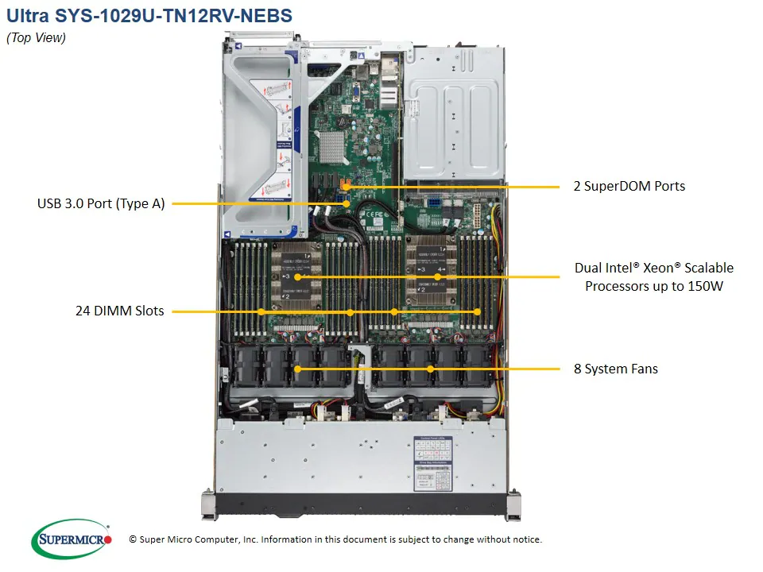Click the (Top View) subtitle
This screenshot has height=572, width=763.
(x=37, y=37)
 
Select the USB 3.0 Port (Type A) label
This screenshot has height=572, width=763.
(x=101, y=203)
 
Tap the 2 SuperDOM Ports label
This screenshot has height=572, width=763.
(x=629, y=186)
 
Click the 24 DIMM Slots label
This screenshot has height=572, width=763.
(x=120, y=311)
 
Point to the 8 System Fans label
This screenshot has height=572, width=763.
(x=616, y=369)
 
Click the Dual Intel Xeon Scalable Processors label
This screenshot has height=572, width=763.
(x=653, y=276)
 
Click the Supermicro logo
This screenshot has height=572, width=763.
(x=72, y=539)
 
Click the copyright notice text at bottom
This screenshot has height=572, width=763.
(x=335, y=539)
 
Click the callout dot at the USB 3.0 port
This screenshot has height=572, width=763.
(x=347, y=204)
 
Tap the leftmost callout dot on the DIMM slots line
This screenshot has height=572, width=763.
(x=261, y=311)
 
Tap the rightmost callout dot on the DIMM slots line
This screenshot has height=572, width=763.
(x=478, y=311)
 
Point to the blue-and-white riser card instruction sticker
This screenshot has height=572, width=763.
(x=281, y=135)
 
